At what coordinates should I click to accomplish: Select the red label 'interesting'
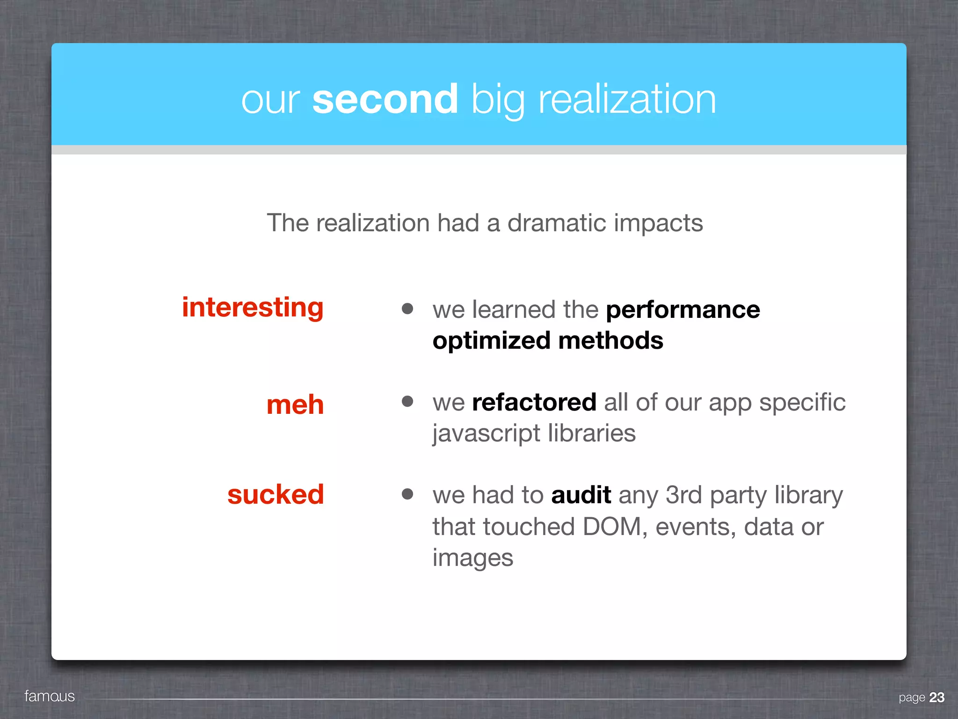tap(253, 308)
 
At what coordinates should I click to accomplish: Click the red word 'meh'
tap(295, 404)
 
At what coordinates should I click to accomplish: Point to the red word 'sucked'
tap(276, 494)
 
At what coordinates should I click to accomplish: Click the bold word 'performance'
tap(683, 310)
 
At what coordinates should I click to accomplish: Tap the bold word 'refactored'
tap(534, 402)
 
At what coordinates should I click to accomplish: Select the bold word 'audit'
tap(581, 495)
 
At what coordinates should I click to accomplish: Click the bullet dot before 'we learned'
tap(407, 308)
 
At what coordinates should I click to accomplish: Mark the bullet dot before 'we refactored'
tap(407, 401)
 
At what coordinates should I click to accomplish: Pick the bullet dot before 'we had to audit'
tap(407, 494)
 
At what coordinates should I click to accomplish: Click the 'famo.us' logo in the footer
tap(50, 697)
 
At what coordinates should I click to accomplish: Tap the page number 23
tap(937, 697)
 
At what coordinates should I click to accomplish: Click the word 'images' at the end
tap(472, 558)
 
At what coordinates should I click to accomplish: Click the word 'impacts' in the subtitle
tap(658, 223)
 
